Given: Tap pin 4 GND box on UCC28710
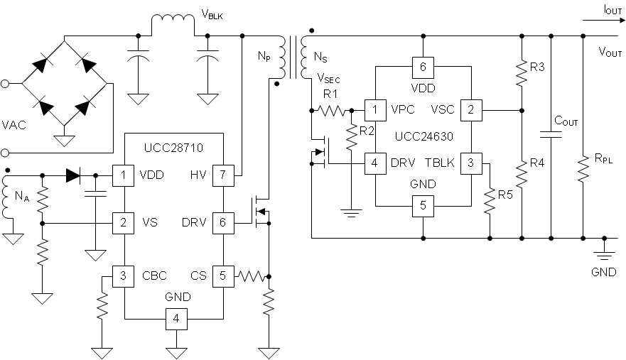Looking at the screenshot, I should [175, 320].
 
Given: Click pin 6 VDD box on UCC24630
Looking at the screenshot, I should [423, 67].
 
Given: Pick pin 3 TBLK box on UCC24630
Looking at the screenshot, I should [470, 163].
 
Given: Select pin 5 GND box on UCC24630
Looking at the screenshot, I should [423, 207].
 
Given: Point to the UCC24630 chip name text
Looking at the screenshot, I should [424, 135].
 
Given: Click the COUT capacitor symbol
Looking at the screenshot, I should [552, 134].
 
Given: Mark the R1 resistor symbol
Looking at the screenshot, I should [331, 110].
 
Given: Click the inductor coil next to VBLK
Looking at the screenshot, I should [172, 24].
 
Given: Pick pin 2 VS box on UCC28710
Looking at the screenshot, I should [124, 223].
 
